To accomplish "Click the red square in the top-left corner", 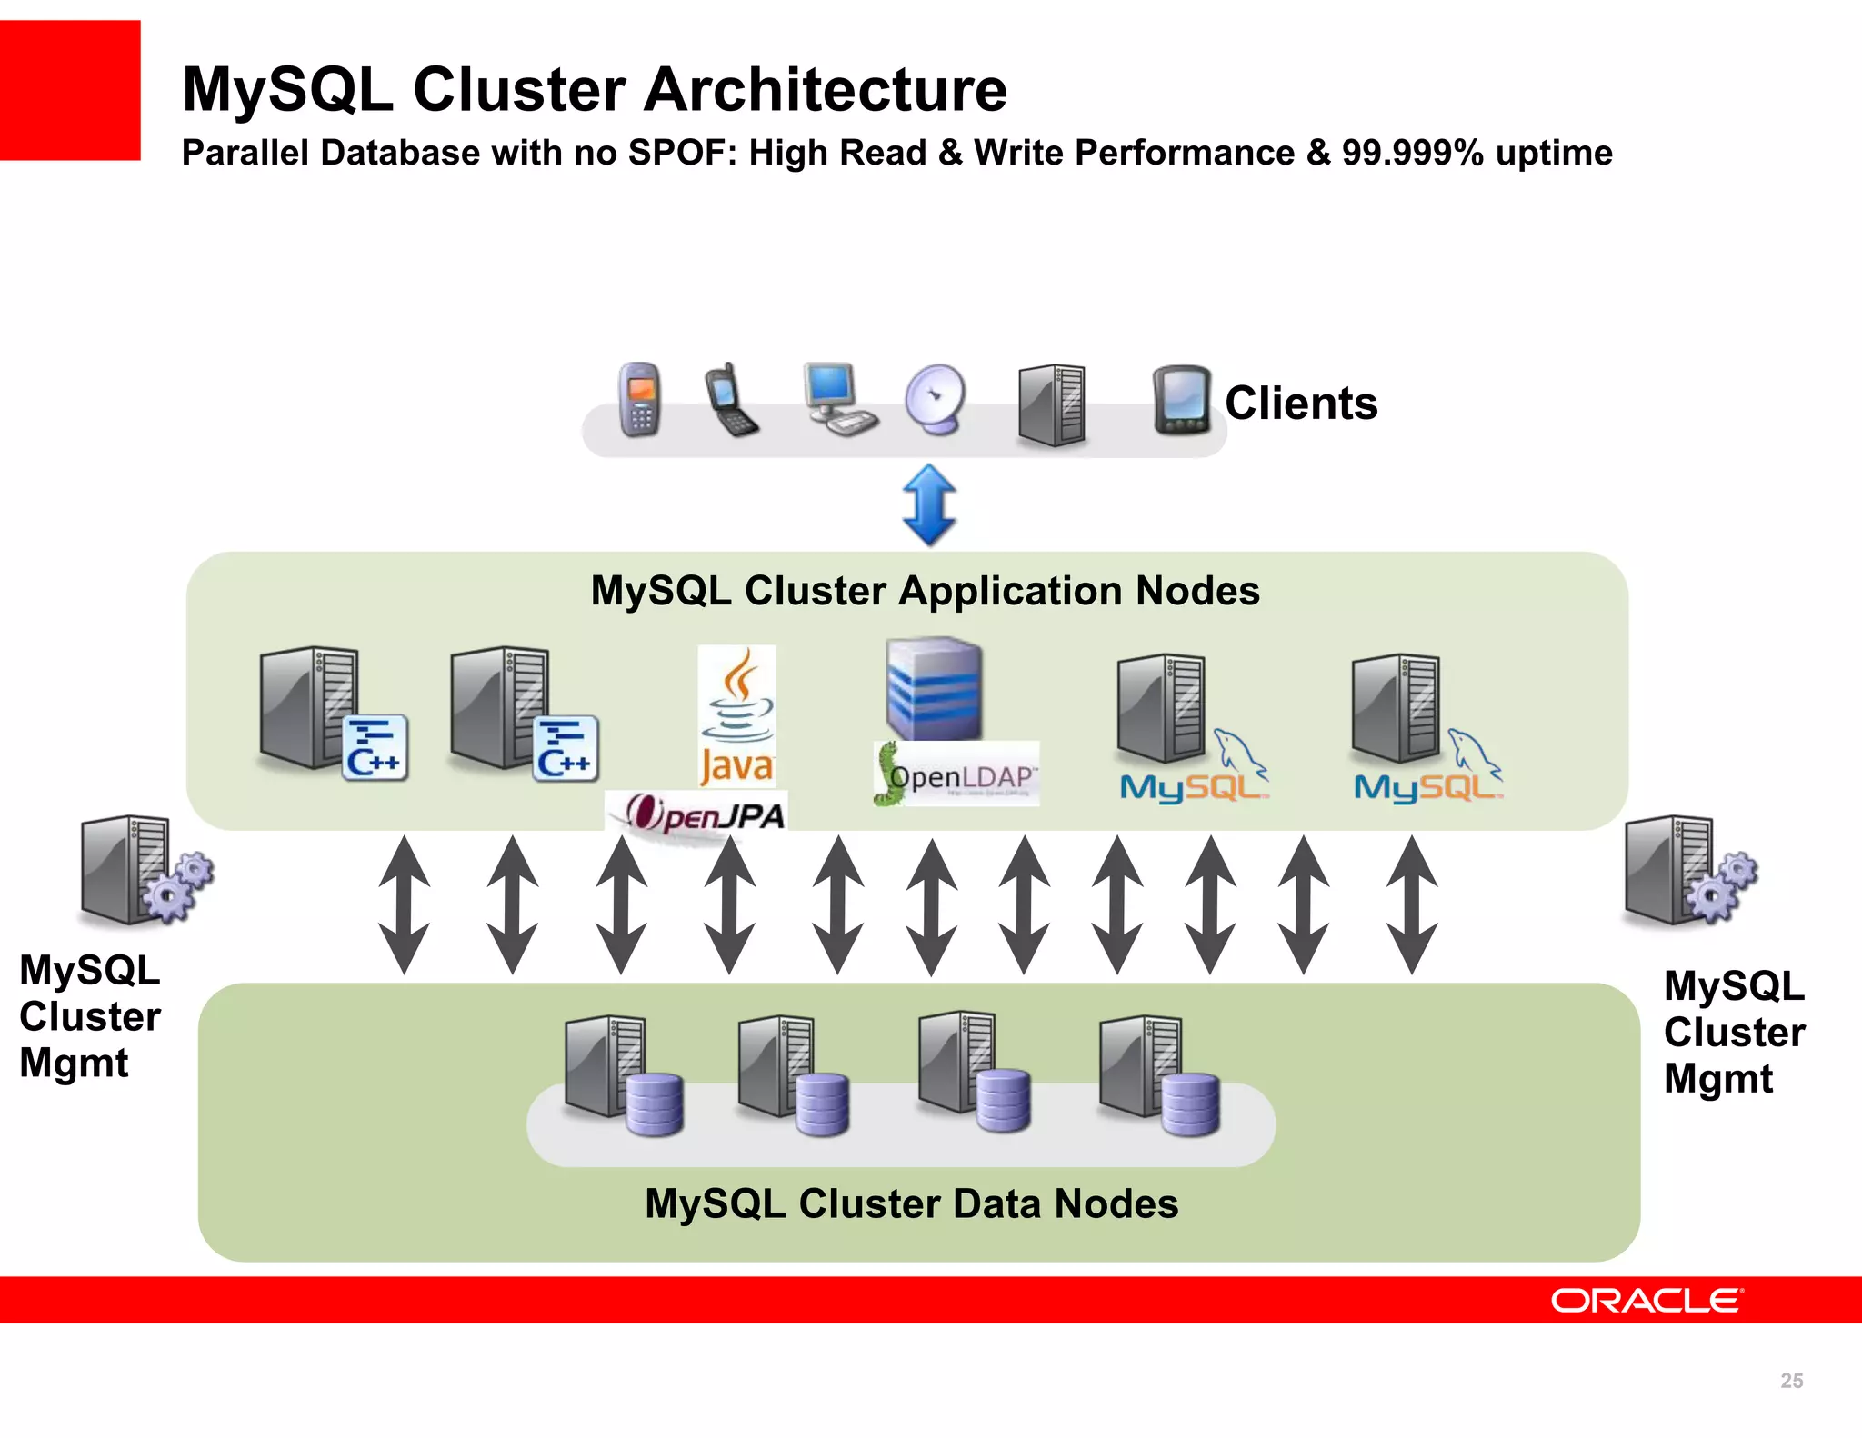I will click(x=69, y=90).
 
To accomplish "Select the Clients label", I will click(x=1300, y=403).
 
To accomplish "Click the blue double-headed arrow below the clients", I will click(x=928, y=504).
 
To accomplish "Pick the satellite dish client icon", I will click(x=936, y=400).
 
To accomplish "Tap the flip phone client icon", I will click(x=730, y=401).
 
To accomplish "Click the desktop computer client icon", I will click(x=837, y=399).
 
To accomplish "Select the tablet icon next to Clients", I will click(x=1181, y=400).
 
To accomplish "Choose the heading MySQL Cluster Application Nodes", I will click(x=925, y=591).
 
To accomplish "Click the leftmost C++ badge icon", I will click(x=375, y=748).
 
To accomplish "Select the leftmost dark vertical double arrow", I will click(x=404, y=905).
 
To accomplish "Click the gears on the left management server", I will click(x=179, y=887).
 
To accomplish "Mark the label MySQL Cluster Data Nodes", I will click(x=911, y=1203).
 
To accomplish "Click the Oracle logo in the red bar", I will click(x=1646, y=1300).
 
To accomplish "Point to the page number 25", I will click(x=1791, y=1381).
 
